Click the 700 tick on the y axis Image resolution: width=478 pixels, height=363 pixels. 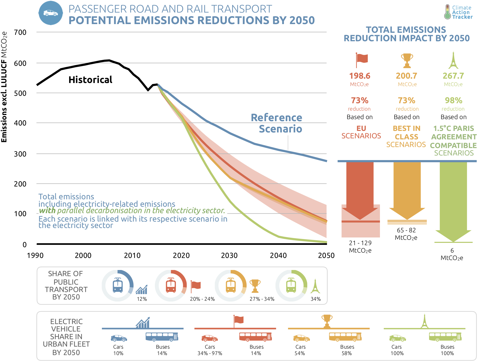click(x=20, y=33)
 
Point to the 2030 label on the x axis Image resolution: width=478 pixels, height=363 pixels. click(x=229, y=255)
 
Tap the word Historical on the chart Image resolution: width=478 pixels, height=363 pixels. click(x=90, y=80)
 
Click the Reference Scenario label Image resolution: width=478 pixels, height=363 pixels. click(x=277, y=123)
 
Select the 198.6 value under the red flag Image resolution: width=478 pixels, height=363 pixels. click(x=360, y=76)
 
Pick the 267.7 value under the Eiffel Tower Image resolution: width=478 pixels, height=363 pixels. click(x=453, y=76)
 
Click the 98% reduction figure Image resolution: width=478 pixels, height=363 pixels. click(x=453, y=100)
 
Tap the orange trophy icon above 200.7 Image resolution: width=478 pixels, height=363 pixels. click(x=407, y=60)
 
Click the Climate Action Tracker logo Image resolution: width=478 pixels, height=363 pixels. click(x=458, y=12)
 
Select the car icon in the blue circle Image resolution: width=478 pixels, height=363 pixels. click(x=51, y=13)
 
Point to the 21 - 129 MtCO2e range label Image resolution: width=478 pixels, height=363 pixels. click(x=360, y=246)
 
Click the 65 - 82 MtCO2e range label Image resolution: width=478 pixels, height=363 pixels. click(x=406, y=234)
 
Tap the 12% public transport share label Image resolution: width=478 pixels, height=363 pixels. click(x=142, y=299)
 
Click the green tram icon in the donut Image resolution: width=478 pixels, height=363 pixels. click(x=291, y=285)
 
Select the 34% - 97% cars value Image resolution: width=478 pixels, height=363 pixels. click(x=210, y=353)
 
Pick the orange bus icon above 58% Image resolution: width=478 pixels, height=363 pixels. click(x=345, y=337)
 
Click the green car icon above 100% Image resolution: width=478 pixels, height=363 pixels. click(x=397, y=338)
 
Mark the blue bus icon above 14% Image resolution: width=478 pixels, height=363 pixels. click(x=162, y=337)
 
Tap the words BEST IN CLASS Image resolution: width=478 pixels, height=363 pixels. click(x=406, y=132)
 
